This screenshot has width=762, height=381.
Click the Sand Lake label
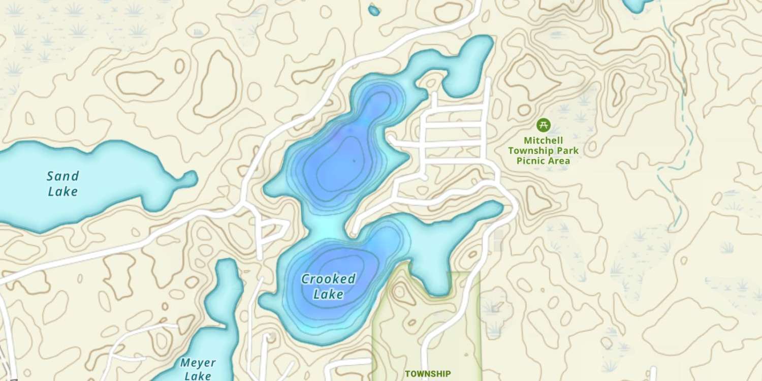(62, 184)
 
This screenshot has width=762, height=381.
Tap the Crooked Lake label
(328, 287)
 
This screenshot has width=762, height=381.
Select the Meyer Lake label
(198, 369)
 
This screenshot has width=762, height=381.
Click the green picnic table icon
(544, 124)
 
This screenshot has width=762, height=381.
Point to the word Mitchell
(544, 140)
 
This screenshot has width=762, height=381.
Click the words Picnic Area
(544, 161)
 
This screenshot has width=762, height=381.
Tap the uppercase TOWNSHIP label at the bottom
(427, 374)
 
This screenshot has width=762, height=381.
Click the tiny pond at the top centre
(374, 10)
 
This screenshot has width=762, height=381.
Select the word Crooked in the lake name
(328, 279)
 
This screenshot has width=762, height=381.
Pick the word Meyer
(198, 363)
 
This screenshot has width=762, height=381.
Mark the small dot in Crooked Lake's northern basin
(354, 161)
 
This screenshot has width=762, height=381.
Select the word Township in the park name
(544, 150)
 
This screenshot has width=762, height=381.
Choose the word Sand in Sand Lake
(62, 176)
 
